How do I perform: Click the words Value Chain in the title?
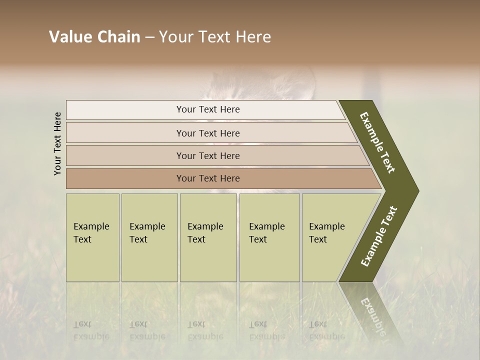click(94, 37)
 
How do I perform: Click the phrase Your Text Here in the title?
click(215, 37)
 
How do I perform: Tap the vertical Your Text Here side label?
click(57, 143)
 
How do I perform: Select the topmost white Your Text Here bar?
click(208, 109)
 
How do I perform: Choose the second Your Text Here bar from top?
click(208, 133)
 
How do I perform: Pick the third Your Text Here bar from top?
click(208, 155)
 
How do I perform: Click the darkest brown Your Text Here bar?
click(208, 178)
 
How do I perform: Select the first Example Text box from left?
click(92, 237)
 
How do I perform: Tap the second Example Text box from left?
click(149, 237)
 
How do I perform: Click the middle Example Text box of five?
click(208, 237)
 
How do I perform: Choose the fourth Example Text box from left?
click(269, 237)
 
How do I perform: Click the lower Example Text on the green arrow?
click(378, 236)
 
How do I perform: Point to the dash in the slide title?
click(149, 37)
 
